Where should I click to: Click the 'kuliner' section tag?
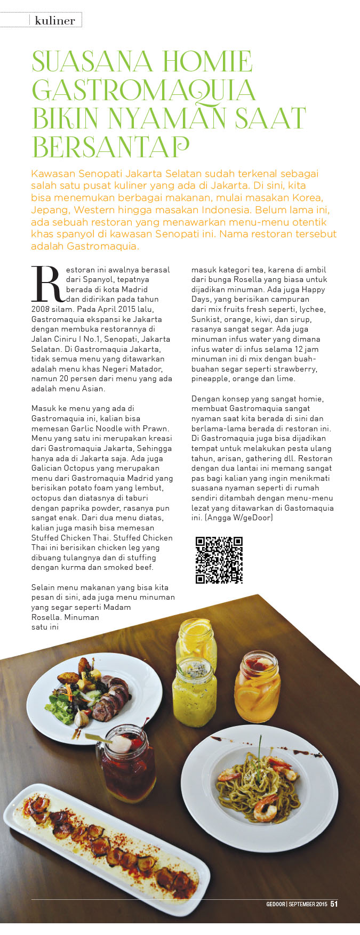55,21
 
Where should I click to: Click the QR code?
219,560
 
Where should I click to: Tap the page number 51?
334,904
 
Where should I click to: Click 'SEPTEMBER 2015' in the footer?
308,904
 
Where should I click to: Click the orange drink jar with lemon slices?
257,685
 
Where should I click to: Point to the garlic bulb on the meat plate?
82,719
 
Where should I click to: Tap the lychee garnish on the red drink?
121,744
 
